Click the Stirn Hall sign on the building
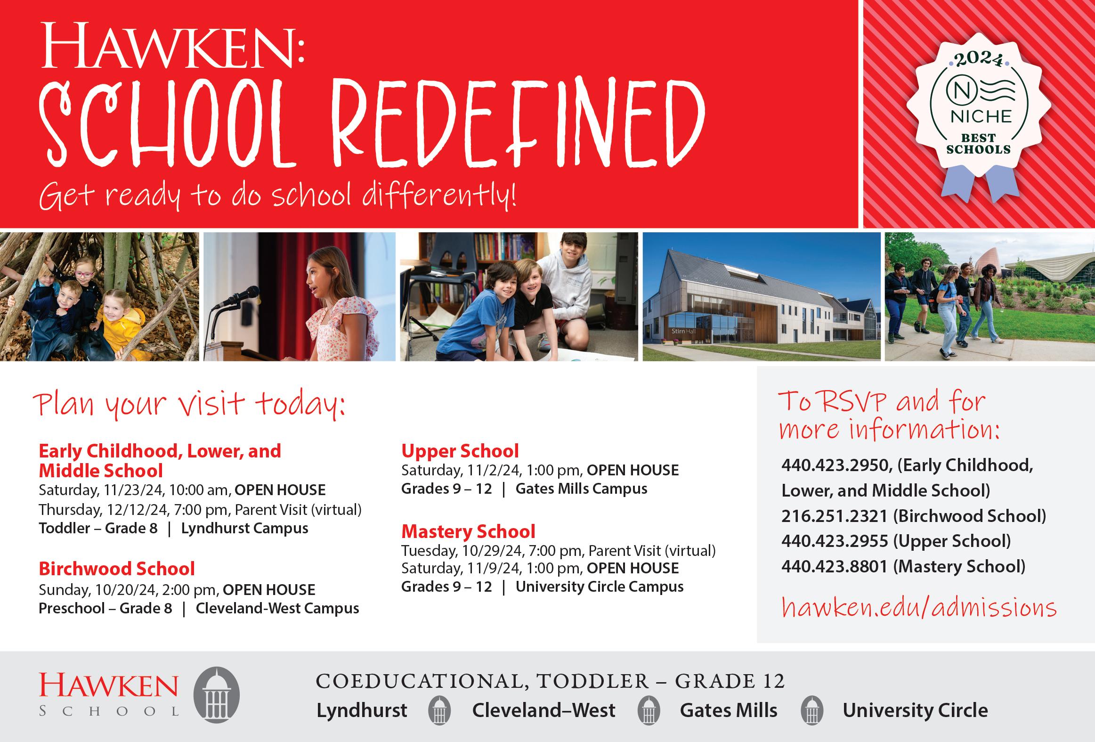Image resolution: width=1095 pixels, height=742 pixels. (683, 331)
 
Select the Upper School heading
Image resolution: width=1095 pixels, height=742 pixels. (460, 451)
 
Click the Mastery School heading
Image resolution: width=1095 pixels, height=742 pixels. (468, 532)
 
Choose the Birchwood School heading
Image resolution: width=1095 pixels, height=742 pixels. (116, 569)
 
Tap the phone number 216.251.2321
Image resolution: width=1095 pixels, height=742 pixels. (834, 516)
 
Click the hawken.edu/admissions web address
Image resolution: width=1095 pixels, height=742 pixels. (919, 607)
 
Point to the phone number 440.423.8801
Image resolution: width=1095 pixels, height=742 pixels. (834, 567)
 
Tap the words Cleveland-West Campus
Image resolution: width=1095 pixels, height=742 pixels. (277, 609)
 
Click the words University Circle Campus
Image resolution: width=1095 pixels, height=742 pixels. (600, 587)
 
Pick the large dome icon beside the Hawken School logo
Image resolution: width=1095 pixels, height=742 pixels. (216, 695)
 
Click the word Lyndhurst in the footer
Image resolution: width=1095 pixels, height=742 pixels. (361, 710)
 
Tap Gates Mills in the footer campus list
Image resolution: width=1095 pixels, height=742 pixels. (729, 710)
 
